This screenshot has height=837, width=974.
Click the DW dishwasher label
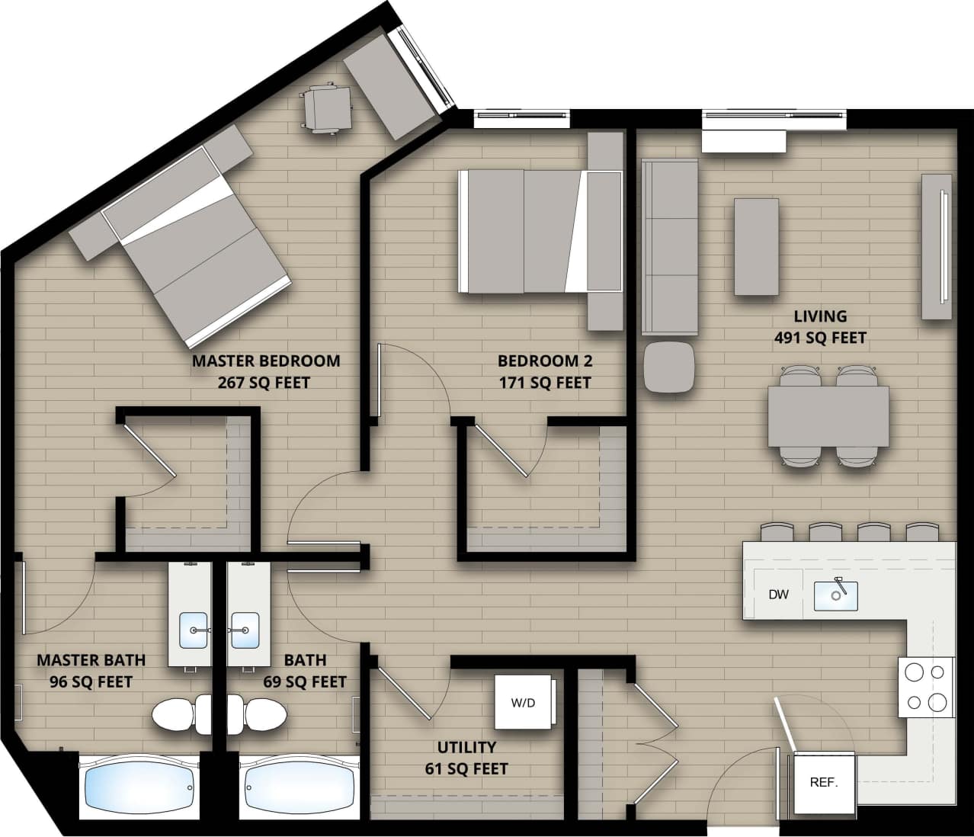click(x=778, y=595)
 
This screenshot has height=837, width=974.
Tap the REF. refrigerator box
click(x=824, y=782)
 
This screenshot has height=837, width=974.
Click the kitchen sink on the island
click(x=835, y=595)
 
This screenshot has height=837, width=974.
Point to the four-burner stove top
click(x=926, y=687)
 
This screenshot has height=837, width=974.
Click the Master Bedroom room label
click(x=265, y=361)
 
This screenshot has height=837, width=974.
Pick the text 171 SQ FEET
click(x=545, y=383)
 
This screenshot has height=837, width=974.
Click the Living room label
click(x=820, y=316)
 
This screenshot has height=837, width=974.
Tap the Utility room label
click(x=466, y=747)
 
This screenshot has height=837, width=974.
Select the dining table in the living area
click(x=828, y=416)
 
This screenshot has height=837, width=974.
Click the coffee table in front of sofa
click(x=756, y=246)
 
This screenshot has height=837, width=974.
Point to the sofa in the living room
click(x=670, y=246)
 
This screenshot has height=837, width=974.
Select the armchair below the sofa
click(x=670, y=367)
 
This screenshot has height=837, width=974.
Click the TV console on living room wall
click(x=936, y=246)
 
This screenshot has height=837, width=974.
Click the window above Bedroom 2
click(x=521, y=117)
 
